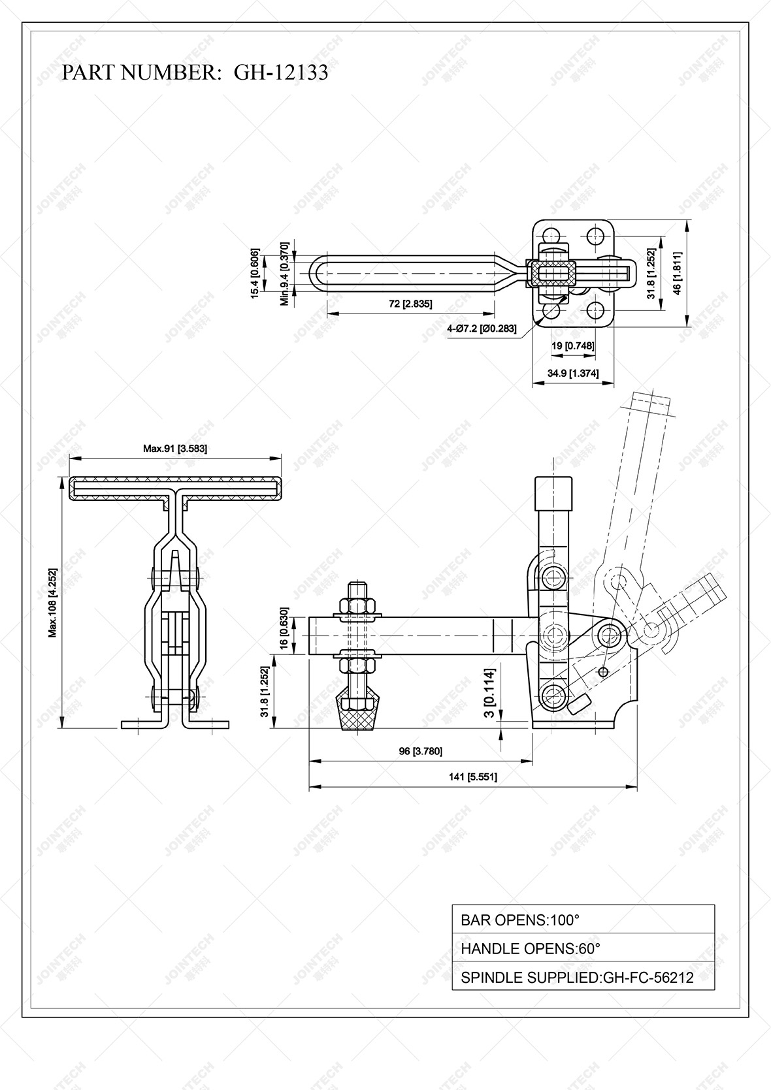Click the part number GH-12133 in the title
click(281, 72)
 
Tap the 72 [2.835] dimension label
click(411, 304)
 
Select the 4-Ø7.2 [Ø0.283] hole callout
click(482, 329)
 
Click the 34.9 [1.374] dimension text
click(573, 373)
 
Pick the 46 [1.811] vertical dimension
click(678, 273)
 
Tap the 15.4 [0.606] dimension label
click(255, 273)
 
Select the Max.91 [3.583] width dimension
click(175, 449)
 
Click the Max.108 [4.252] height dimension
click(53, 602)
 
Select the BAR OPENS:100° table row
click(583, 920)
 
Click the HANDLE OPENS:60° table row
click(583, 948)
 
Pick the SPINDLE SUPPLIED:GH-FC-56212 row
click(583, 977)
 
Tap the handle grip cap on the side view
click(553, 492)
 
